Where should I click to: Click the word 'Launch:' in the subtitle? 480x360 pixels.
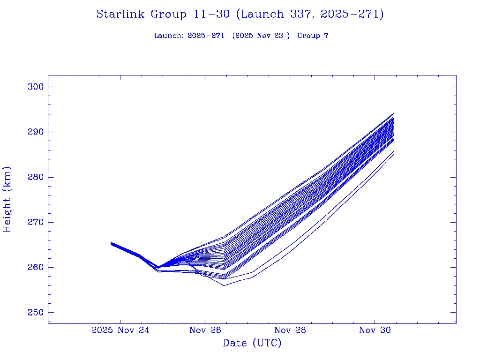point(169,36)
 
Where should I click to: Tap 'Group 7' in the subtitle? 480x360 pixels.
point(313,36)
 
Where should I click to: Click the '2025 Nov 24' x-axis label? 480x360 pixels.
point(120,330)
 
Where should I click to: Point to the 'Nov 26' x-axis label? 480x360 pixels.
point(205,330)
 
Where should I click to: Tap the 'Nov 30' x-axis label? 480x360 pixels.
point(375,330)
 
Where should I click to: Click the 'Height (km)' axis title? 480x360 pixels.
point(7,199)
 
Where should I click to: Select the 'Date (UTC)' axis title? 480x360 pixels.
point(252,344)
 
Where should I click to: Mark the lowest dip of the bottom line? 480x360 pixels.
point(224,285)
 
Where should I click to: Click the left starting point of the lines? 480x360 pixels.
point(112,243)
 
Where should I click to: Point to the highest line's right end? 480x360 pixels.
point(393,113)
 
